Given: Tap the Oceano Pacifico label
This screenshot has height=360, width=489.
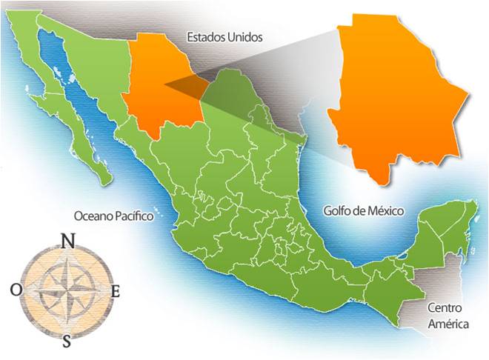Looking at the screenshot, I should pos(113,216).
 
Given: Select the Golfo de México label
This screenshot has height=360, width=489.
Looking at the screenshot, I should pos(363,211).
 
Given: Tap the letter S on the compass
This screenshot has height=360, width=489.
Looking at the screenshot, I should pos(67,341).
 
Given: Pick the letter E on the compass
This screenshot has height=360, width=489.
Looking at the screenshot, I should pos(115,292).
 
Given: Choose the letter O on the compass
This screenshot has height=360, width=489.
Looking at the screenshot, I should pos(16,290).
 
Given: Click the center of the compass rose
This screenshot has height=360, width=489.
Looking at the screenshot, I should pos(66,290).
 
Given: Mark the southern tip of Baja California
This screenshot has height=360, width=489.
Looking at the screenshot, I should pos(108,181).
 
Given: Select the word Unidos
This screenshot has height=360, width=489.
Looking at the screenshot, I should pos(246,36).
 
